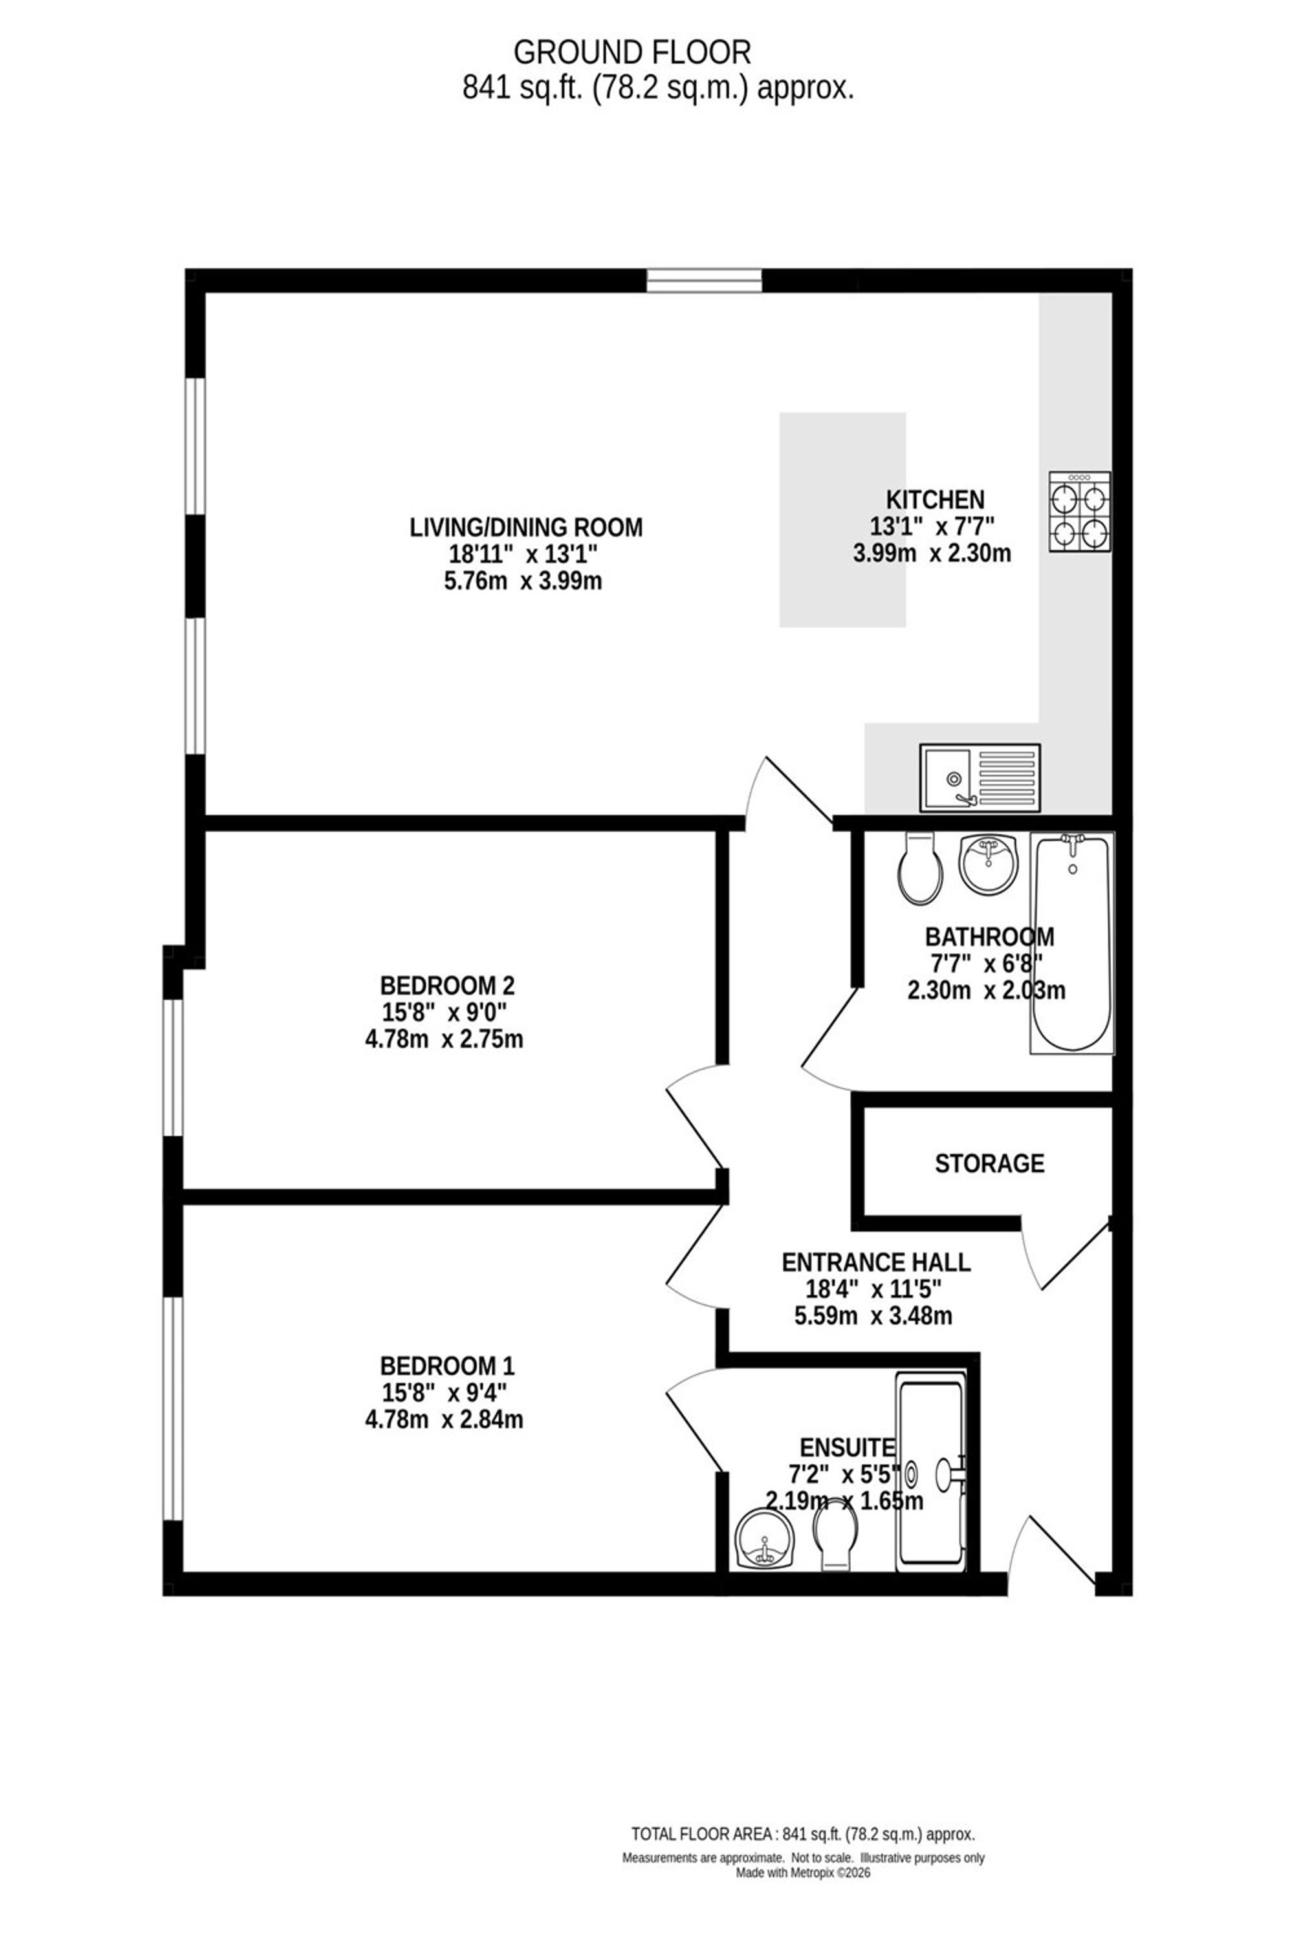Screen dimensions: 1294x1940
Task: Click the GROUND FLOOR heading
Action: click(632, 53)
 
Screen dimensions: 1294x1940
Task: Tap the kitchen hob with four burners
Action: click(1079, 512)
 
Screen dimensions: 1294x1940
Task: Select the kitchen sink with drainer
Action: click(980, 777)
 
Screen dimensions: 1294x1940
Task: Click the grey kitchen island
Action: click(842, 520)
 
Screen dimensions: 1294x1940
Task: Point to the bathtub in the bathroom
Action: click(1072, 942)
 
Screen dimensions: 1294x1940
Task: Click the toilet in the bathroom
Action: click(920, 868)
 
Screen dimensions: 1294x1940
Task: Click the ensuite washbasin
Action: click(764, 1539)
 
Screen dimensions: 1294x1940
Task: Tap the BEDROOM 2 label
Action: click(447, 986)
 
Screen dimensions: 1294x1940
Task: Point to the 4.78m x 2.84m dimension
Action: click(444, 1419)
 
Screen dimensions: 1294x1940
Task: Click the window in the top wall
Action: click(704, 281)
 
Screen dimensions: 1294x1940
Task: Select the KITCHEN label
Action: click(935, 500)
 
